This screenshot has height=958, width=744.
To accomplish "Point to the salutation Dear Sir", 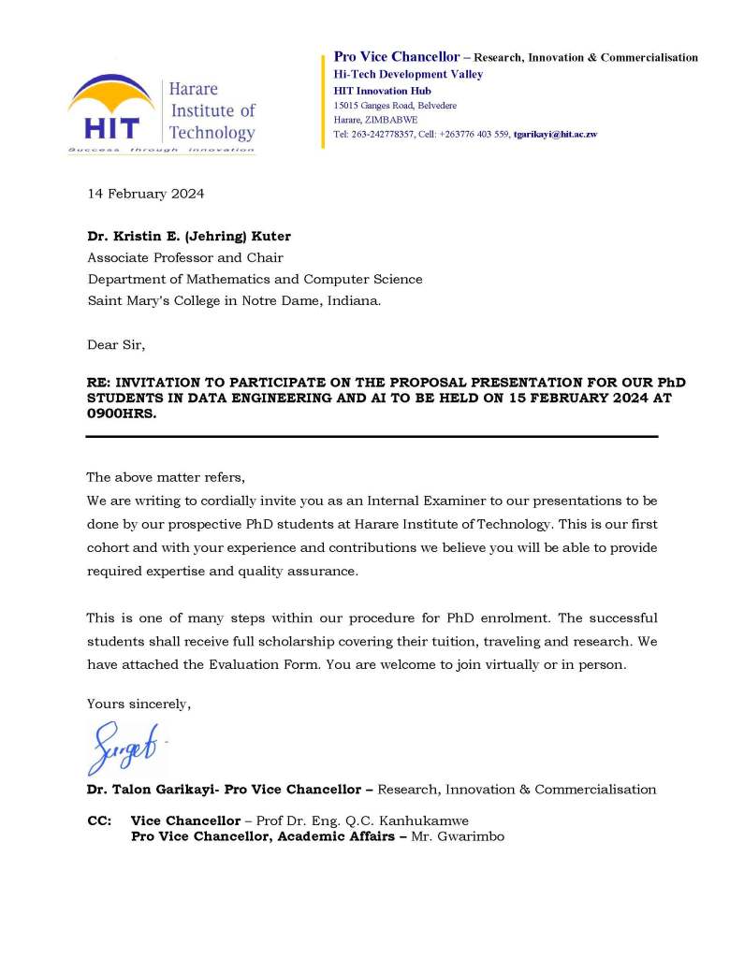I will point(116,345).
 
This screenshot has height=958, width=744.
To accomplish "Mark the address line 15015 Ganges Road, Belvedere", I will point(395,106).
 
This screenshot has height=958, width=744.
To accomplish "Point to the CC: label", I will point(98,820).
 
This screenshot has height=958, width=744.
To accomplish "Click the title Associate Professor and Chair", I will point(185,258).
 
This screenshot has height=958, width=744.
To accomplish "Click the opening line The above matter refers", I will point(165,476).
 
